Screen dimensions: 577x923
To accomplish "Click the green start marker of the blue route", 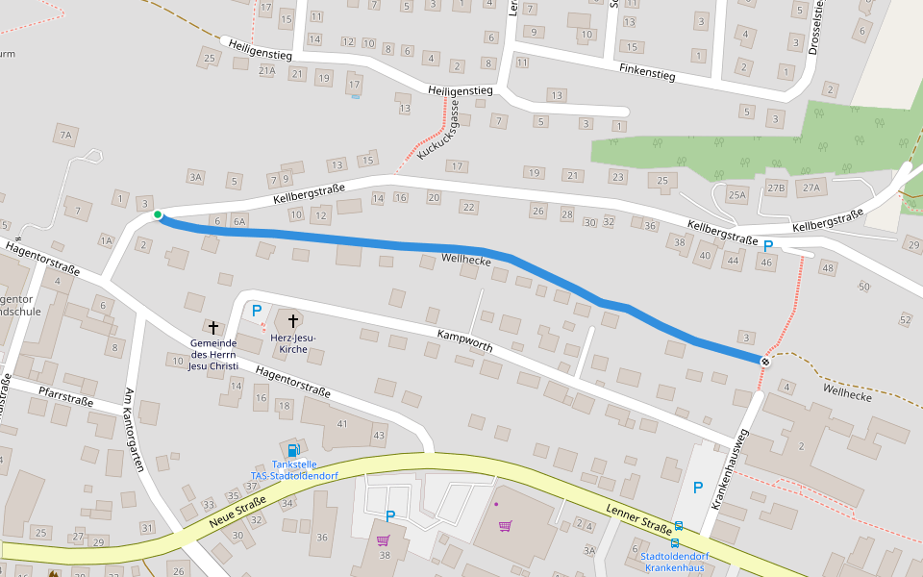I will pyautogui.click(x=158, y=214).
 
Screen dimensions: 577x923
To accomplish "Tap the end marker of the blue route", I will pyautogui.click(x=765, y=361).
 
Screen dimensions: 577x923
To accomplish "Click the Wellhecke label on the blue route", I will pyautogui.click(x=466, y=261).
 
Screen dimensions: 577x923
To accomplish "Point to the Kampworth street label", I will pyautogui.click(x=464, y=341).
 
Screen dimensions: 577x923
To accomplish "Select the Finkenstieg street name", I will pyautogui.click(x=647, y=71).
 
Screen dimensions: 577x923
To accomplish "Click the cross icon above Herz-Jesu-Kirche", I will pyautogui.click(x=292, y=318).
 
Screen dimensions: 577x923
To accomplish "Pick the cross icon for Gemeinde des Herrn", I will pyautogui.click(x=212, y=328).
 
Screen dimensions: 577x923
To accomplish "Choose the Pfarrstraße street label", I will pyautogui.click(x=65, y=396).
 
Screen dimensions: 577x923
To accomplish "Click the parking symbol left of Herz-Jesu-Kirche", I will pyautogui.click(x=257, y=311).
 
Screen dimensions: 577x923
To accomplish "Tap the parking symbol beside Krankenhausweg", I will pyautogui.click(x=698, y=488).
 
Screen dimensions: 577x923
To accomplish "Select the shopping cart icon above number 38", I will pyautogui.click(x=383, y=539).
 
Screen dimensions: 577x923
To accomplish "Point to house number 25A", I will pyautogui.click(x=736, y=195).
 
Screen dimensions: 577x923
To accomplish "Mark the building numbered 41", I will pyautogui.click(x=341, y=424).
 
